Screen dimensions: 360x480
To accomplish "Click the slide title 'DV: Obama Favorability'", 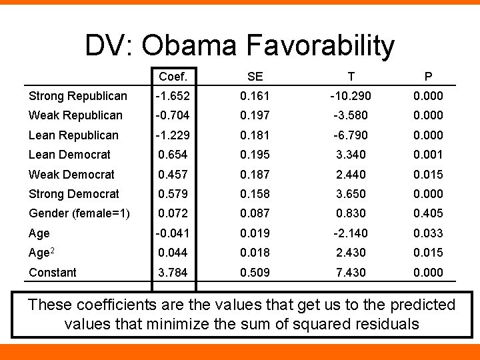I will click(x=239, y=46).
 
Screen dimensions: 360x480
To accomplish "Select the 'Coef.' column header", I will click(x=173, y=77).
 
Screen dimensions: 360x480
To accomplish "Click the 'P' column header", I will click(x=428, y=77).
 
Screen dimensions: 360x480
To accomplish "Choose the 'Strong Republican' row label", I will click(x=77, y=96).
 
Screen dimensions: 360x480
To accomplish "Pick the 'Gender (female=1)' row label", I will click(x=79, y=213).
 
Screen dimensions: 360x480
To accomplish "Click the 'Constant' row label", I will click(x=53, y=272).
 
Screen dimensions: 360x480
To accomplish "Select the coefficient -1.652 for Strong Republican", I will click(x=173, y=96).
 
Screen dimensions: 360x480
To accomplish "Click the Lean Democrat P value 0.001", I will click(x=428, y=155).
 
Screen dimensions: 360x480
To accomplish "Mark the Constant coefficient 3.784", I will click(x=173, y=272).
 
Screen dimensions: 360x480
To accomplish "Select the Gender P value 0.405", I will click(x=428, y=213).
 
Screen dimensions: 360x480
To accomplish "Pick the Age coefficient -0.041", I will click(x=173, y=233).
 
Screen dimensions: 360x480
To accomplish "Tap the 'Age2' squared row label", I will click(x=42, y=253).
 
